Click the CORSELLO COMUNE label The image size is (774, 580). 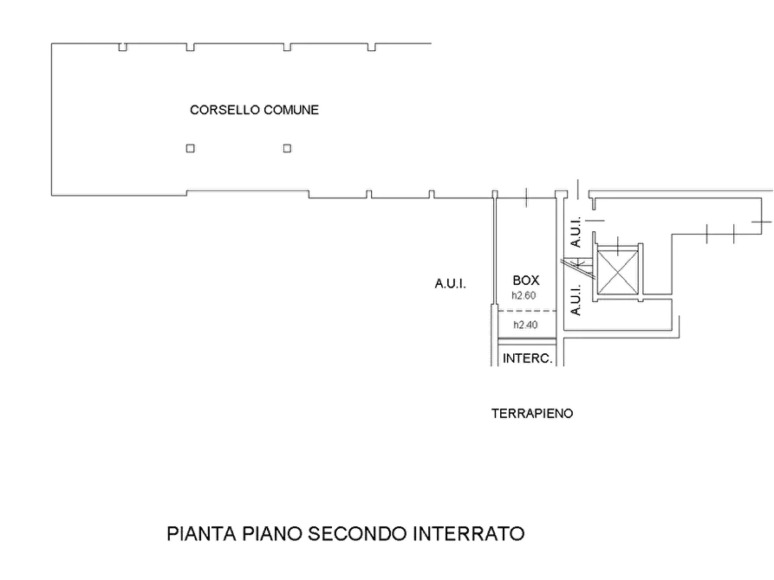[x=254, y=109]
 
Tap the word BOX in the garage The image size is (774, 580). [x=526, y=280]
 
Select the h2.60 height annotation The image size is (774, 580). [x=524, y=295]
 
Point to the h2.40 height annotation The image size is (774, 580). [x=525, y=325]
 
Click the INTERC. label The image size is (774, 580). [x=527, y=358]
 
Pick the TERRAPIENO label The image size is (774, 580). [x=532, y=413]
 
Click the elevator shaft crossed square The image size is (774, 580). [x=617, y=271]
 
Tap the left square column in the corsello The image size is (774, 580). [x=191, y=148]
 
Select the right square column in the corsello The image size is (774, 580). [x=287, y=148]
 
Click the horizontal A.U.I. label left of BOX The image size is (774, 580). [x=450, y=284]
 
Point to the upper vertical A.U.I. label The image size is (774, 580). [x=576, y=232]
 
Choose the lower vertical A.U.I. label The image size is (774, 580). [x=576, y=300]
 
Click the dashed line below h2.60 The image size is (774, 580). [x=527, y=311]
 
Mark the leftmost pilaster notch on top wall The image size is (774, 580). [x=123, y=47]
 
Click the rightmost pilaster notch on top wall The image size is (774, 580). [x=372, y=47]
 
